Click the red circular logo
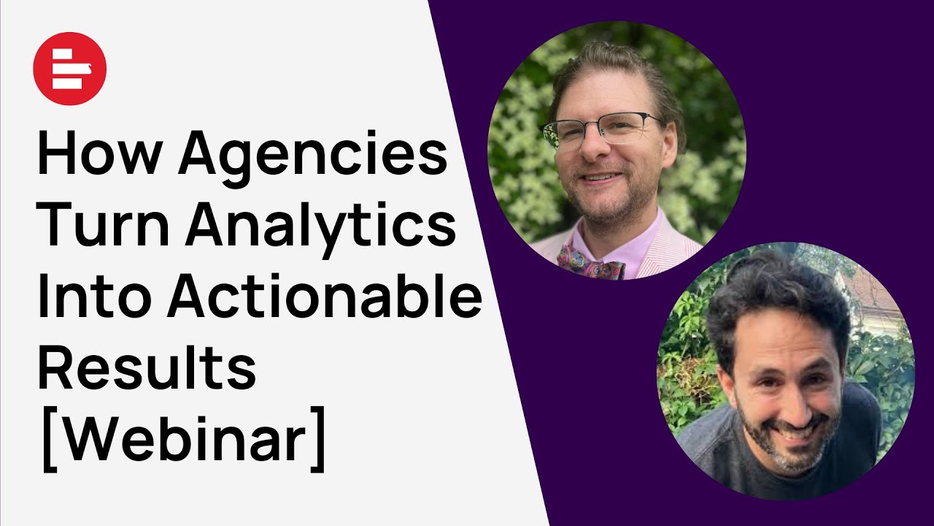click(70, 69)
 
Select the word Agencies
click(312, 156)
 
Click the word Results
click(146, 369)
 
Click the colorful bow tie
click(591, 262)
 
